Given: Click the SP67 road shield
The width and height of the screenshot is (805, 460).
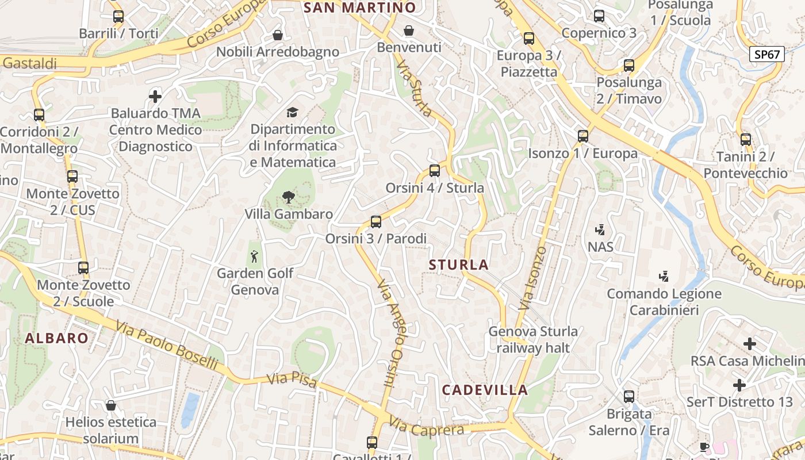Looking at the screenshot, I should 767,55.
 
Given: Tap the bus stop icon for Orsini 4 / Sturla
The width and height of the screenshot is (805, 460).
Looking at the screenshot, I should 435,171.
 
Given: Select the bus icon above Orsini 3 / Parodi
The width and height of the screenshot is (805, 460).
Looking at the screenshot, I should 376,221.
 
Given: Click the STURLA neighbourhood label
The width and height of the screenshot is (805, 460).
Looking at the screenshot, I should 459,265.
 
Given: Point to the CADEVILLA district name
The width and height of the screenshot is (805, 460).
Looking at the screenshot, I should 485,390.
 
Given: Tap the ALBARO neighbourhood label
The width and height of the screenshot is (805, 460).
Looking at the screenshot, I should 56,338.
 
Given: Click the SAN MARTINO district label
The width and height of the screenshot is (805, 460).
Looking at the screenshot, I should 359,7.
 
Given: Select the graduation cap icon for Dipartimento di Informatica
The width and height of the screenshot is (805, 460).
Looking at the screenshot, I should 293,112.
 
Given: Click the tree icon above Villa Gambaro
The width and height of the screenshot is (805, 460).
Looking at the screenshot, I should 288,198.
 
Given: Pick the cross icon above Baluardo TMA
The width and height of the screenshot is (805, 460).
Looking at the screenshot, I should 155,96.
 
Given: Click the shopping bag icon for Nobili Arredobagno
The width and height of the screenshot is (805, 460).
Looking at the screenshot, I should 278,35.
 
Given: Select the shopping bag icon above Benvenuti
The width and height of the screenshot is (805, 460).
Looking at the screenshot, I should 409,30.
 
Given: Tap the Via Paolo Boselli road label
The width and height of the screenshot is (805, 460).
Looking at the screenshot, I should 167,346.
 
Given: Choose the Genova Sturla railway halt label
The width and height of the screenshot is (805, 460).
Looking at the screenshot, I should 533,339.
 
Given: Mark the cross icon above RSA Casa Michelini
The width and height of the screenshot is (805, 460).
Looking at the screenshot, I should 750,344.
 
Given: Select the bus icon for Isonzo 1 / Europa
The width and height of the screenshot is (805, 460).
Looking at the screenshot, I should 583,136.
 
